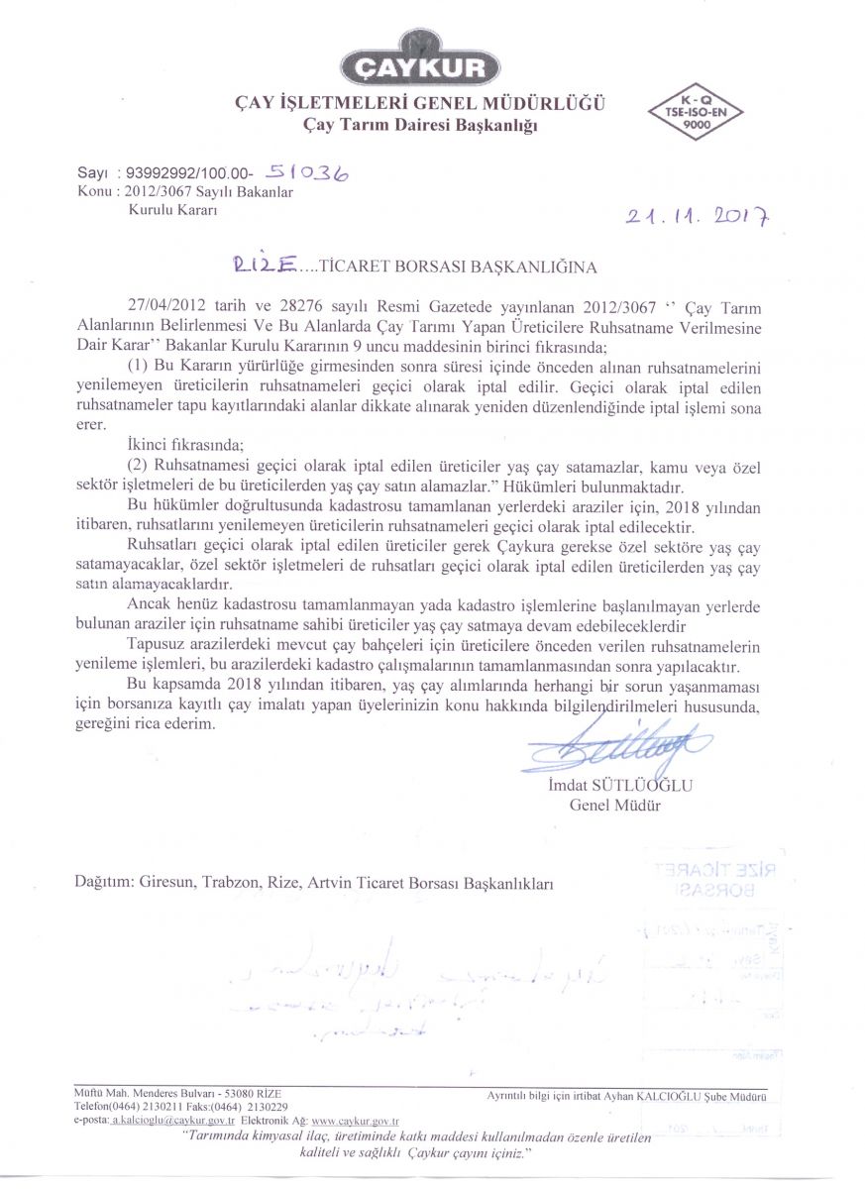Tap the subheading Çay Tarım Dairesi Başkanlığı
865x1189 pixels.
coord(420,124)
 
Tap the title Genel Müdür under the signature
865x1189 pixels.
coord(614,805)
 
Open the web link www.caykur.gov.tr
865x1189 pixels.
coord(354,1119)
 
